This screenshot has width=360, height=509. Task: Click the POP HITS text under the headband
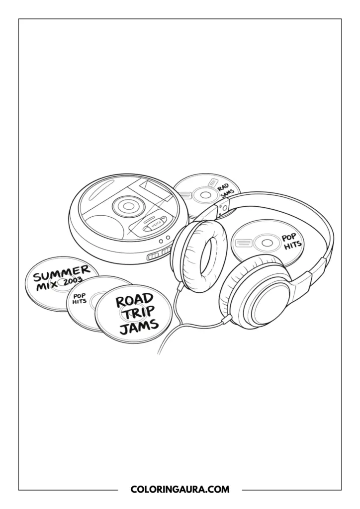click(x=292, y=241)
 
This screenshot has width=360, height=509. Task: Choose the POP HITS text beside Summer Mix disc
click(x=80, y=298)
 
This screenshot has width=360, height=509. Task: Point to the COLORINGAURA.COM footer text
click(x=180, y=490)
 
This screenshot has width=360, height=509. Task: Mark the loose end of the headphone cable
click(x=159, y=353)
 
